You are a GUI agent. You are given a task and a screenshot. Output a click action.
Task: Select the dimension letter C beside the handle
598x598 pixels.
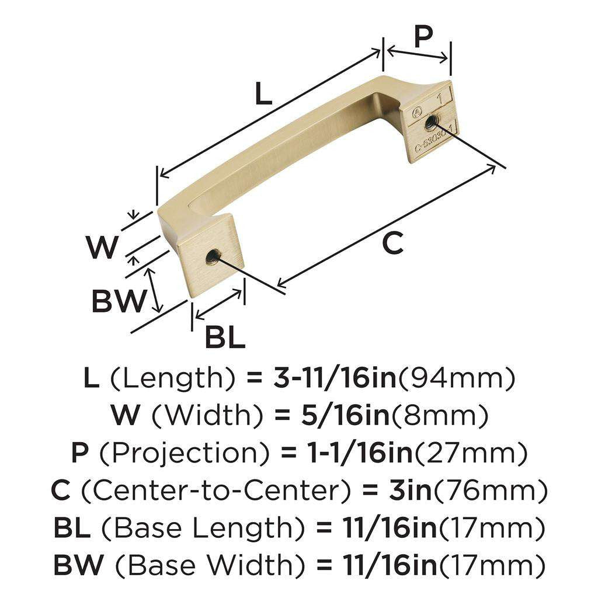393,243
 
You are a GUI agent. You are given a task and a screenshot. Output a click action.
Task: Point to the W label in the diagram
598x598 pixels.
103,248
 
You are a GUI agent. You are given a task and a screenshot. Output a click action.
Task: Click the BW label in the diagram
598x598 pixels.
117,301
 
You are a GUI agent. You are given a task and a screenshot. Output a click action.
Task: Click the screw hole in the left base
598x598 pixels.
214,255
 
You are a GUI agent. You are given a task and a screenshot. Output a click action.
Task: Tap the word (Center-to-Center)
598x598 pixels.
210,491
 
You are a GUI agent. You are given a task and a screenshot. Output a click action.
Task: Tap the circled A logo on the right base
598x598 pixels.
417,111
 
